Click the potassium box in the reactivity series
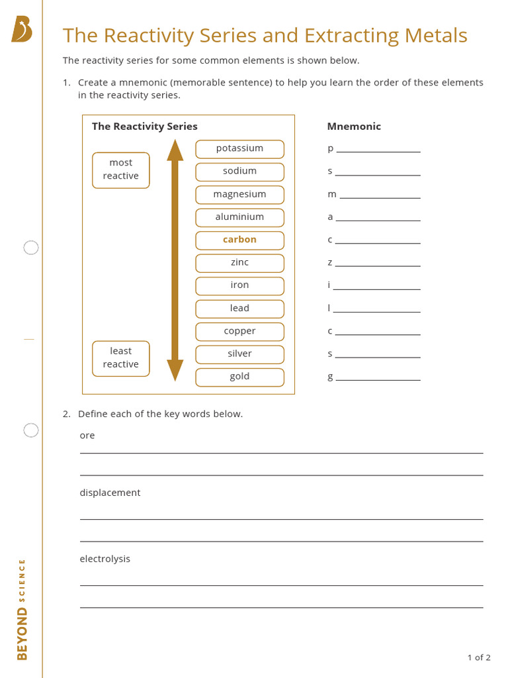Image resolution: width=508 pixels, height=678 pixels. [239, 149]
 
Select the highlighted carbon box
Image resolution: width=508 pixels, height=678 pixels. [239, 240]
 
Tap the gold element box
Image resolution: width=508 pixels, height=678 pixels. [239, 377]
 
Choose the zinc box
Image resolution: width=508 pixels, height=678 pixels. [239, 263]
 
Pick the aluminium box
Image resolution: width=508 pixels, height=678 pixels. [239, 217]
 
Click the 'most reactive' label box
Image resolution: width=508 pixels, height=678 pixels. [121, 169]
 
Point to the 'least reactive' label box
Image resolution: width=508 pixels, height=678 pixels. [121, 358]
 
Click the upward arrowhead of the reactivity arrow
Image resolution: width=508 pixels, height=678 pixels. [175, 150]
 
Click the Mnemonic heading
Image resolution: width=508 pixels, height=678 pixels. [354, 126]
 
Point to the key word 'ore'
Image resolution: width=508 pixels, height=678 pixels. [87, 436]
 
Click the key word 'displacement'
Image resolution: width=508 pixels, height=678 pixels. [110, 493]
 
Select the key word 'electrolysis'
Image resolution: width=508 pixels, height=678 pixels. [105, 559]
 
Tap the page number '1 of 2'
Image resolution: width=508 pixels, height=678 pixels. [479, 657]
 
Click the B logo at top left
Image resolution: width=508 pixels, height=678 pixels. [22, 30]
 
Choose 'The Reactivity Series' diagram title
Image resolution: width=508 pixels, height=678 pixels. [144, 126]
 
